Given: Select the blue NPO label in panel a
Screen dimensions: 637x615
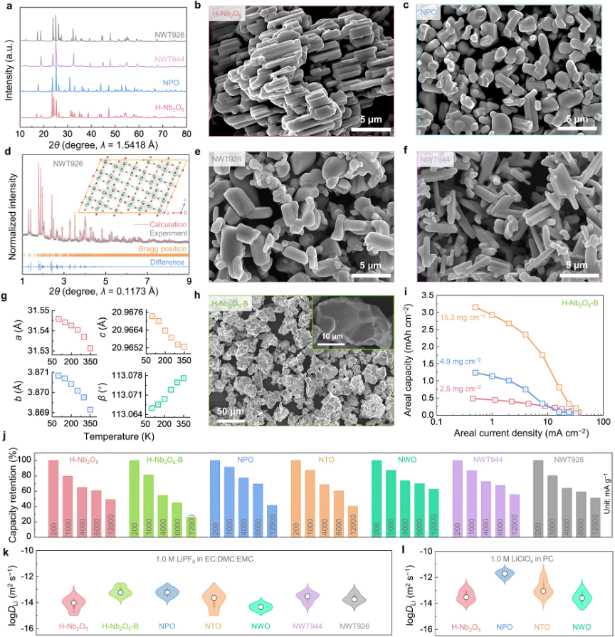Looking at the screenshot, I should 171,83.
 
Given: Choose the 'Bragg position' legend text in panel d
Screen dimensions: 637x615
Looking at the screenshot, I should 164,249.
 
